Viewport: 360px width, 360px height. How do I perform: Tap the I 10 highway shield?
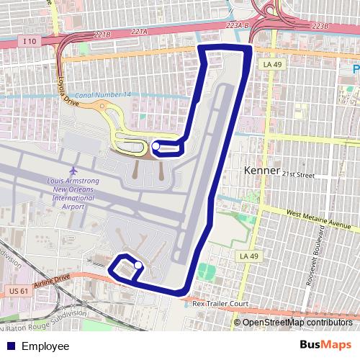(x=29, y=41)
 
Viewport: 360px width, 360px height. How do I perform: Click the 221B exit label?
(x=102, y=34)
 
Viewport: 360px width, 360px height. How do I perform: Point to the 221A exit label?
(x=139, y=31)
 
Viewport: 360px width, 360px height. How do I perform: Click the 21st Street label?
(x=299, y=175)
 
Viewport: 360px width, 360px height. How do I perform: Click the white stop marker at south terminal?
(x=138, y=265)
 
